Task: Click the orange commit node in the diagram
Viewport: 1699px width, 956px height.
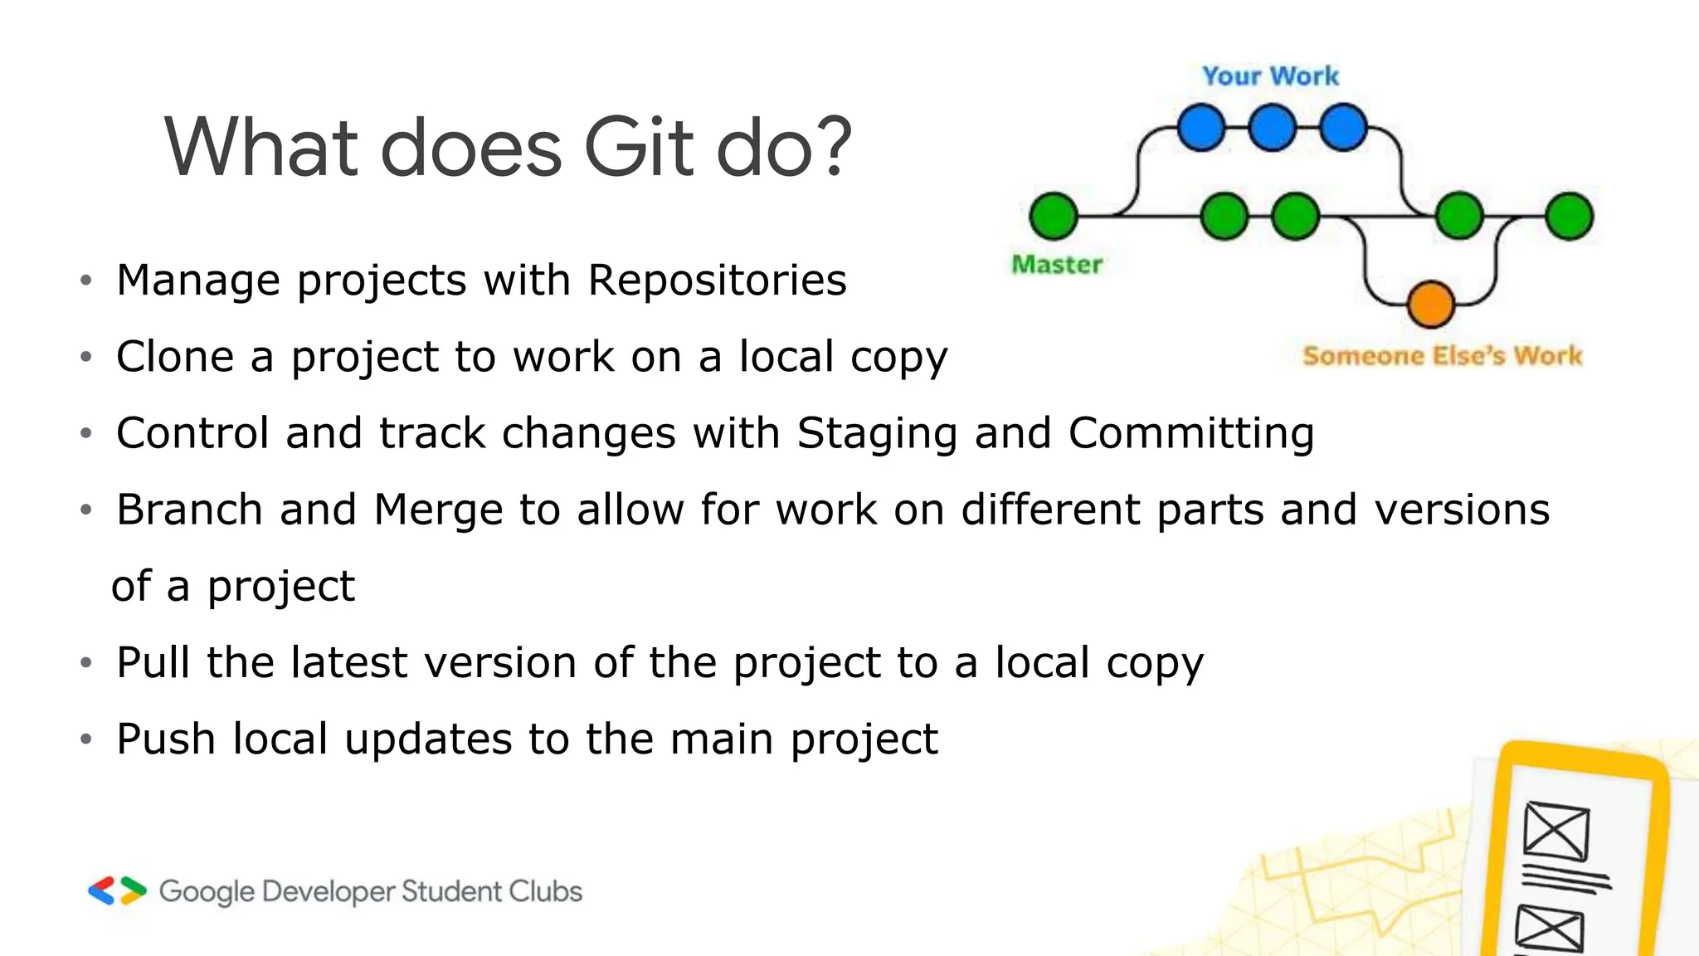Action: coord(1431,304)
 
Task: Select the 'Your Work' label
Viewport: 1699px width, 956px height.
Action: coord(1270,76)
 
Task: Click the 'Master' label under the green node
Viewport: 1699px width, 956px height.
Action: coord(1057,265)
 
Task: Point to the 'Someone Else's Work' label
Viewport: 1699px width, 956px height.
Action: coord(1442,356)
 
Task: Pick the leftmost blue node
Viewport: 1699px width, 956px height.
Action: coord(1201,128)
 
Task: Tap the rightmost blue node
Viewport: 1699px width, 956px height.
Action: coord(1344,128)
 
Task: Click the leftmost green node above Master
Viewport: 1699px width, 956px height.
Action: coord(1054,216)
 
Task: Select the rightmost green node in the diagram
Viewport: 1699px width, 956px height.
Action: coord(1570,216)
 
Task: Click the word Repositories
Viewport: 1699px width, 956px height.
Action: coord(718,280)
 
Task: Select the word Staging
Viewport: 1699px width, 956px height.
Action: coord(877,434)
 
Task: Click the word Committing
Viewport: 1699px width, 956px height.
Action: coord(1191,434)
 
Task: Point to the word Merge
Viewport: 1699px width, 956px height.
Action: coord(438,510)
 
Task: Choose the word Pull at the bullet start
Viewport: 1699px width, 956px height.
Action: coord(153,662)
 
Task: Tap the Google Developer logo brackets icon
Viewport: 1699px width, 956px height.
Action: coord(117,890)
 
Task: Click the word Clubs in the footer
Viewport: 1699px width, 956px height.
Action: coord(545,891)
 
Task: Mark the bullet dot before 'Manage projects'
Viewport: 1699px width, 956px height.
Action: coord(85,280)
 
